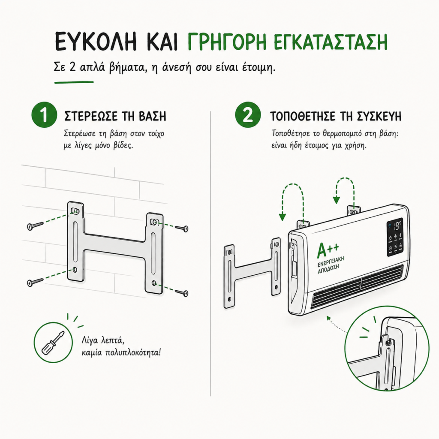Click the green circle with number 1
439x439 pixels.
[44, 115]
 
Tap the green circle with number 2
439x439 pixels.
[248, 114]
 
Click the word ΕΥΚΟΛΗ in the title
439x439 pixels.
[95, 42]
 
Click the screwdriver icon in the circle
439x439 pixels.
[53, 342]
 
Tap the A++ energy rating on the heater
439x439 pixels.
[328, 250]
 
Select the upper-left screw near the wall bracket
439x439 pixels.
[35, 226]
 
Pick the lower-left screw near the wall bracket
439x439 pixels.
[35, 282]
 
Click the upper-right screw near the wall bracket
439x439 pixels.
[182, 228]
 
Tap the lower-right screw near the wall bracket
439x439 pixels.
[182, 293]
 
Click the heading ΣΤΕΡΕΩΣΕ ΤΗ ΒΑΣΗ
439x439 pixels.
[115, 116]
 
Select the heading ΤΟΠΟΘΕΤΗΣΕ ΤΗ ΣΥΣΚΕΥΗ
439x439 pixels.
[335, 116]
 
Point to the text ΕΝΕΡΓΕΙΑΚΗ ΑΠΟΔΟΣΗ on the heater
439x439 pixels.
[331, 264]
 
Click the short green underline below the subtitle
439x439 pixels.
[74, 82]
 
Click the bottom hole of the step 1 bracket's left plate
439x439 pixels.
[75, 270]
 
